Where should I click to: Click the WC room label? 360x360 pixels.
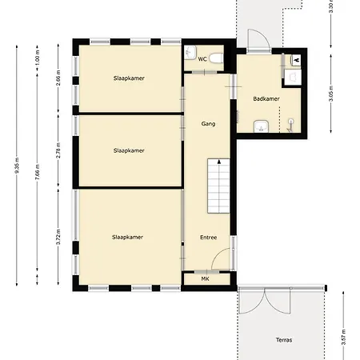tap(203, 59)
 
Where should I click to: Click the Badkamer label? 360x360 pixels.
tap(265, 98)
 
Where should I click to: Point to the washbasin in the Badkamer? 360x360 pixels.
tap(258, 125)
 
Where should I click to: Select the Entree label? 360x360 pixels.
tap(208, 238)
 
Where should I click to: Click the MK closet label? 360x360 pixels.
tap(206, 279)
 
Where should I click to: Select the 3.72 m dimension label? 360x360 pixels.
tap(59, 237)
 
